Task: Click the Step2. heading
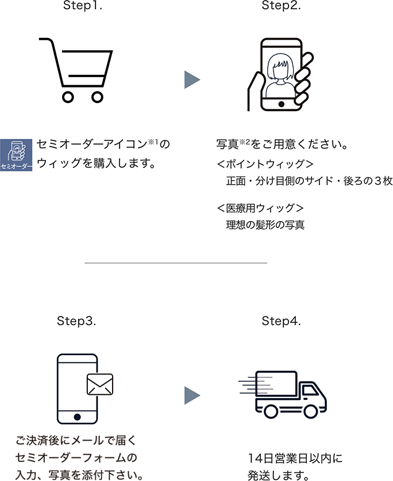(282, 6)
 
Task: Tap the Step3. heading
(76, 321)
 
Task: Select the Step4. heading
(282, 321)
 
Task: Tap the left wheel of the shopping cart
(68, 97)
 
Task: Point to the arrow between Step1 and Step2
(191, 80)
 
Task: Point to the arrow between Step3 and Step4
(191, 395)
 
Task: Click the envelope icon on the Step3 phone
(99, 384)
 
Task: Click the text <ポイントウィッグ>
(265, 164)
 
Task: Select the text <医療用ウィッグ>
(260, 208)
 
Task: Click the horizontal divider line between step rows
(176, 263)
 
